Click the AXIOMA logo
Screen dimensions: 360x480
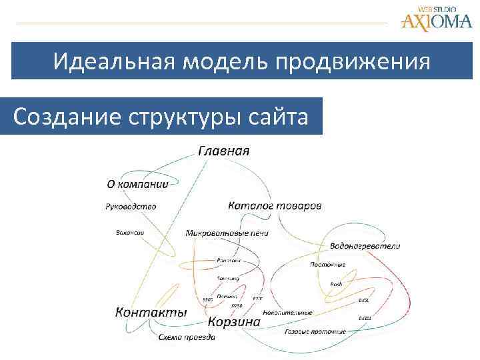click(x=436, y=19)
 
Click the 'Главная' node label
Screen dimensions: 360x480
click(x=224, y=150)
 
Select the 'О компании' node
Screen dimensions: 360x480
click(x=137, y=184)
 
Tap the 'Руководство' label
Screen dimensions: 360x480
click(x=131, y=206)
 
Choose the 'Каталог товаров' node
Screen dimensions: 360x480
click(x=275, y=205)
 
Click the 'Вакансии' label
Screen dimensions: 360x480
click(x=125, y=233)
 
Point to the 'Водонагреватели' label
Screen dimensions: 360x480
click(x=365, y=245)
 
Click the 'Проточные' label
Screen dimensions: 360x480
click(x=327, y=264)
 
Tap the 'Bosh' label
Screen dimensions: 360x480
click(x=336, y=284)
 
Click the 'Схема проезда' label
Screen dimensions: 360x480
click(x=187, y=337)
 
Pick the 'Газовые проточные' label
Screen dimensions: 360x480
click(x=315, y=331)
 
